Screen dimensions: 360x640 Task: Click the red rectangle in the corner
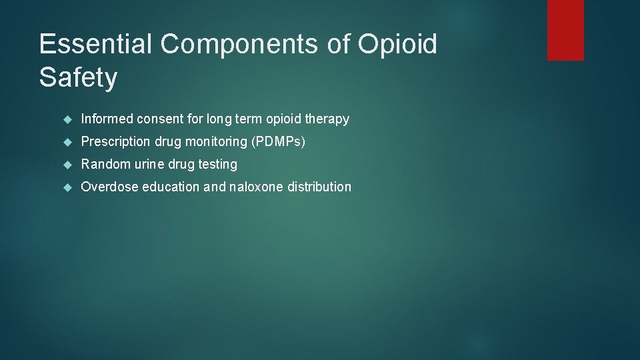click(565, 30)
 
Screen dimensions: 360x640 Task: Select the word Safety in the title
click(78, 78)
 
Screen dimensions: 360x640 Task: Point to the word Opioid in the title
click(397, 45)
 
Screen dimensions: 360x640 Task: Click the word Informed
click(107, 119)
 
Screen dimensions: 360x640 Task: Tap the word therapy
click(327, 120)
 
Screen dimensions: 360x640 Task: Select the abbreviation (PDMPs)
click(278, 142)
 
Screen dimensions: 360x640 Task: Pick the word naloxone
click(257, 187)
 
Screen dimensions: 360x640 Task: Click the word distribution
click(319, 187)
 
